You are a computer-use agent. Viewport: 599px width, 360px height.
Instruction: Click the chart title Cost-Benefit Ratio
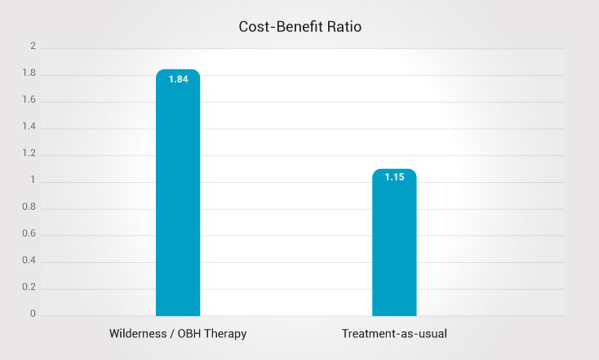click(x=299, y=26)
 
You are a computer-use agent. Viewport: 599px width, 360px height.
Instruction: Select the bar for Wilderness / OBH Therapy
click(x=178, y=196)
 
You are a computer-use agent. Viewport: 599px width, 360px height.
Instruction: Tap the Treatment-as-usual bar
click(x=394, y=245)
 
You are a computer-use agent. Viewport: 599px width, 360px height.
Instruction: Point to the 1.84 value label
click(x=178, y=79)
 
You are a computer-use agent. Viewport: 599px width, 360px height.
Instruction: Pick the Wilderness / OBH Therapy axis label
click(x=178, y=335)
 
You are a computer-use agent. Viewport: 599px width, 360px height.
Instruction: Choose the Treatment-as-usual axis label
click(x=394, y=335)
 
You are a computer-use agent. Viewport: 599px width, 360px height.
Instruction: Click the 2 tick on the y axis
click(x=33, y=47)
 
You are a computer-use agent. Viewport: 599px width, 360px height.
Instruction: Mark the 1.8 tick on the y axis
click(x=29, y=74)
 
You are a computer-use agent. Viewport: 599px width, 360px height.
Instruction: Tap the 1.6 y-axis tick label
click(x=29, y=101)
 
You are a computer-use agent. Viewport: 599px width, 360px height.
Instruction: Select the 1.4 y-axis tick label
click(x=29, y=128)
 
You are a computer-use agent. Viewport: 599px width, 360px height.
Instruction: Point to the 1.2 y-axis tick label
click(x=29, y=154)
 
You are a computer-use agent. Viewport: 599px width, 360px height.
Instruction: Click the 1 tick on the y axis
click(x=33, y=181)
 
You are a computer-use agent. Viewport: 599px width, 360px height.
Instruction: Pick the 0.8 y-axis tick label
click(x=29, y=208)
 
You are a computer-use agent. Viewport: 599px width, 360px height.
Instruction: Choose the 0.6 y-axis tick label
click(x=29, y=234)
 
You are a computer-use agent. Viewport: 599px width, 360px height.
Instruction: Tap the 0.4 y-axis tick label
click(x=29, y=261)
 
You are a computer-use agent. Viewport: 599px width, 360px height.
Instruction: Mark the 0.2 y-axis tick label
click(x=29, y=288)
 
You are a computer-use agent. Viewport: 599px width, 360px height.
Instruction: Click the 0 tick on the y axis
click(x=33, y=314)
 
